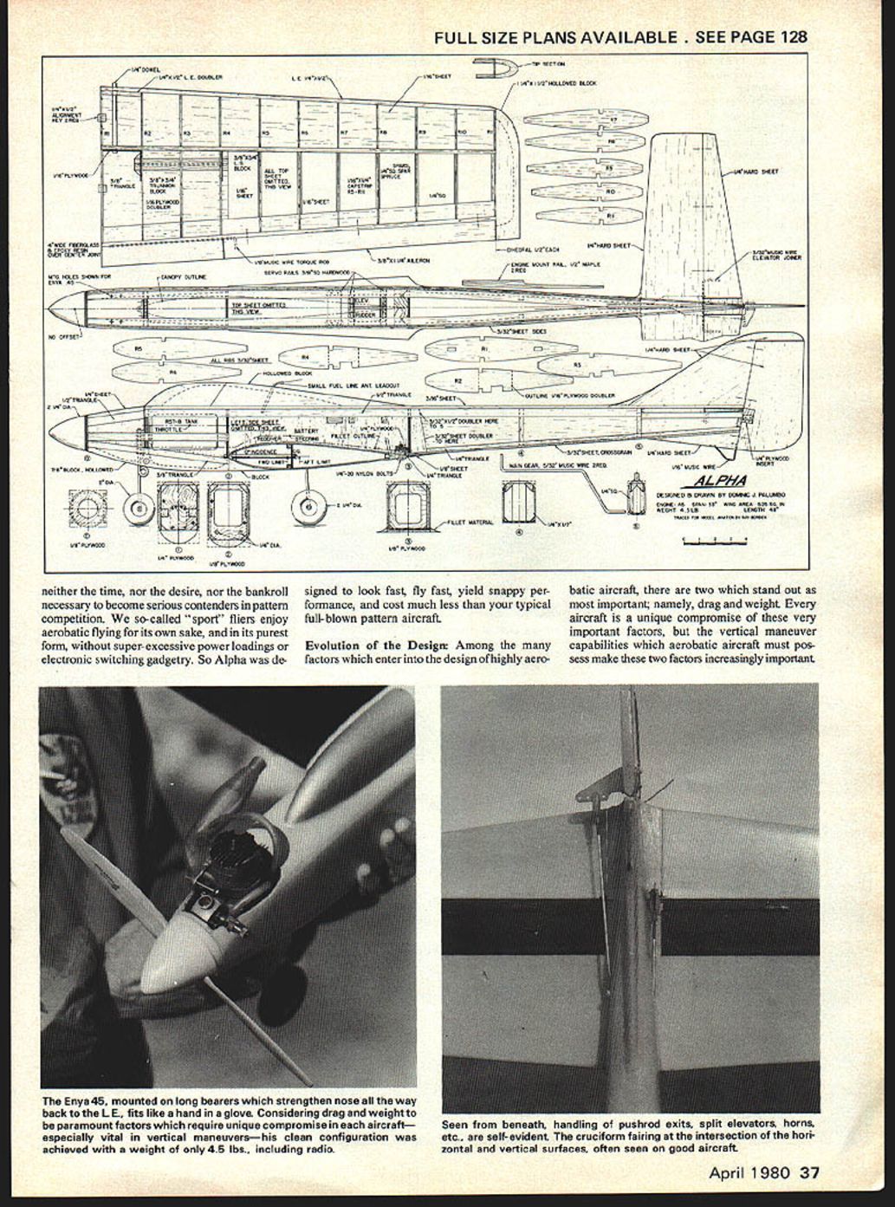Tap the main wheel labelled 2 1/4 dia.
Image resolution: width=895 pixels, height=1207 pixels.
tap(307, 506)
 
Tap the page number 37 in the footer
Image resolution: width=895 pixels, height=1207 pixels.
tap(809, 1173)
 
